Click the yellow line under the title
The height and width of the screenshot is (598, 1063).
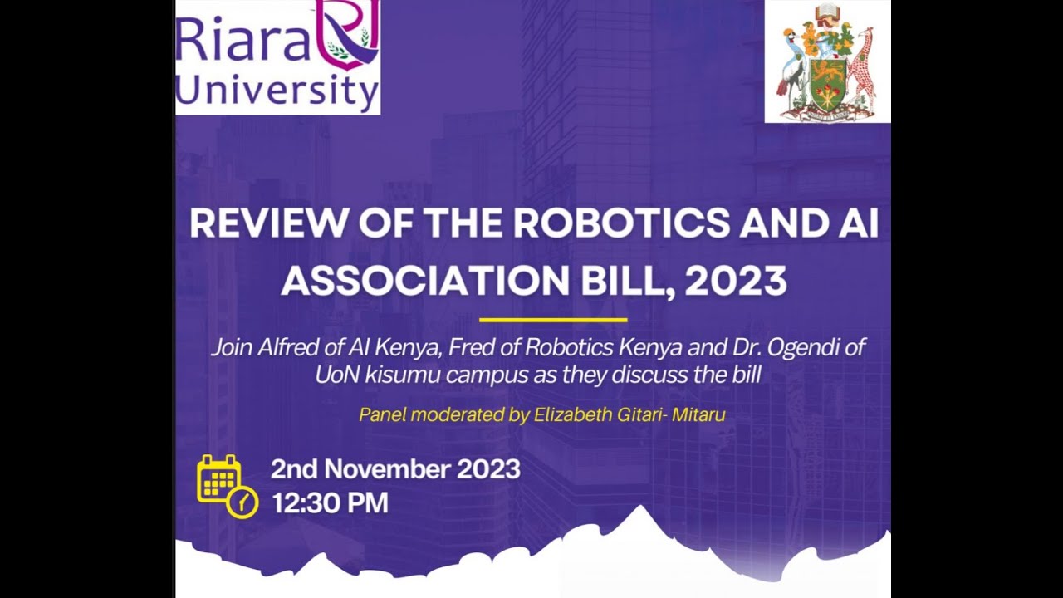[x=553, y=320]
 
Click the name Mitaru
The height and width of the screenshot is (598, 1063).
[x=698, y=414]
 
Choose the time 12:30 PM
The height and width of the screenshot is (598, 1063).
[x=330, y=503]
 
